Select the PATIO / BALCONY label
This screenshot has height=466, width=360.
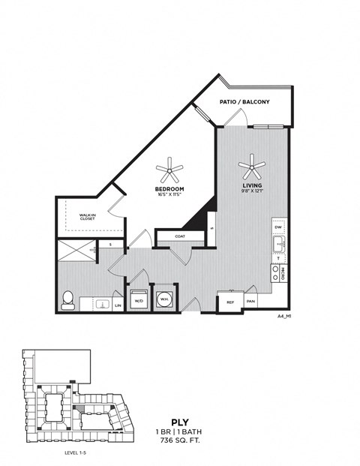tap(244, 101)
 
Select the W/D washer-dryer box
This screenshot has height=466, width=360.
tap(138, 299)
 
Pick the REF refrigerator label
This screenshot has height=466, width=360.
tap(229, 302)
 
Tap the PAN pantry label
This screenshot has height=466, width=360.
tap(250, 302)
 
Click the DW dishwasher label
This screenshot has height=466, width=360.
tap(277, 227)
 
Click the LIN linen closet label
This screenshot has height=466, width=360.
tap(118, 305)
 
